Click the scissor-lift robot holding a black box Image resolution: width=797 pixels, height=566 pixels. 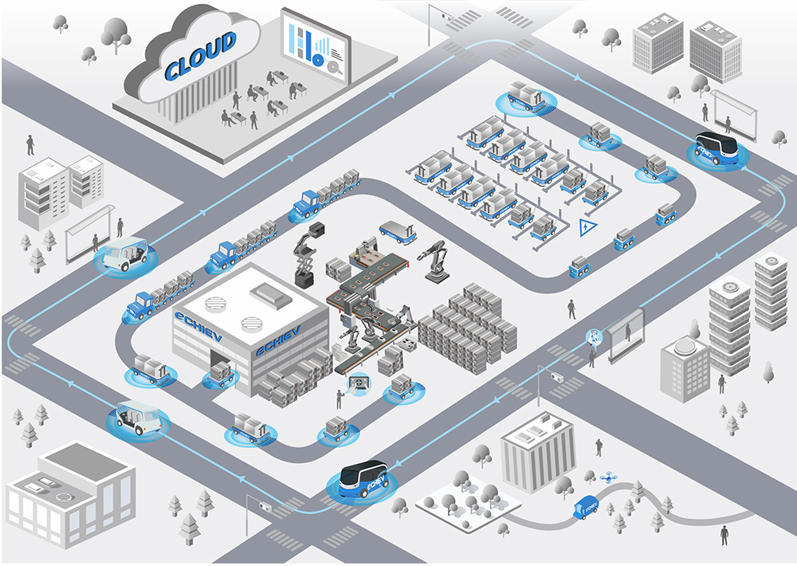click(308, 255)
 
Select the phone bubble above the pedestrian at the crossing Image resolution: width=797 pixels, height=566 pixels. click(592, 336)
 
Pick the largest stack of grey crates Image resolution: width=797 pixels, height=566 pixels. click(469, 327)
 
